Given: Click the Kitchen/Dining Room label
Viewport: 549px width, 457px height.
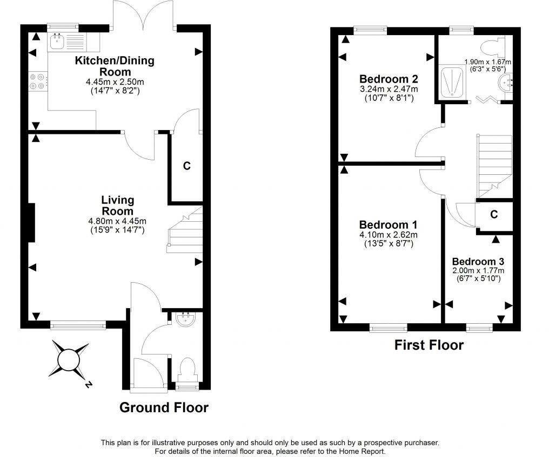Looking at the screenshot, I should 114,66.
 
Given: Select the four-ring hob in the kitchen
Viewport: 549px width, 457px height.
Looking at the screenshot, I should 38,81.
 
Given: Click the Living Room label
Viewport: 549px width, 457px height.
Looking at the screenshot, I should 117,206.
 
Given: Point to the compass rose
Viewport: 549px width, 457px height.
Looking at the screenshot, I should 69,360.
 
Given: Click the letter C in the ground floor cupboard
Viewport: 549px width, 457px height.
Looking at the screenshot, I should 186,166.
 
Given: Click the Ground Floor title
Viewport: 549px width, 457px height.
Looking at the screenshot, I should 164,407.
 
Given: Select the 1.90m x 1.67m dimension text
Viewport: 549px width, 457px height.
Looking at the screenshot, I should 488,62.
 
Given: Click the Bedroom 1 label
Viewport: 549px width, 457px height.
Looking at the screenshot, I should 388,224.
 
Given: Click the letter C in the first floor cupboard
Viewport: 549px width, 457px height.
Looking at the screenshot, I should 493,214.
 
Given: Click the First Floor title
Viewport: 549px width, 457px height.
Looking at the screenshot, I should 429,345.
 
